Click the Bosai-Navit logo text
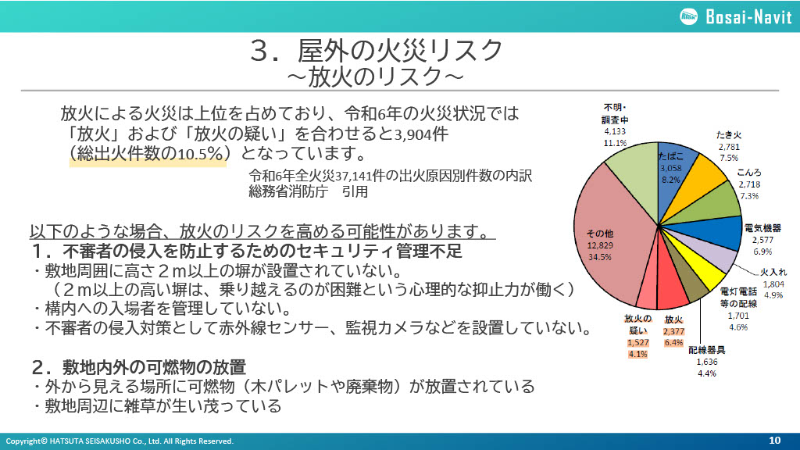pyautogui.click(x=748, y=17)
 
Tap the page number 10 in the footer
pyautogui.click(x=774, y=441)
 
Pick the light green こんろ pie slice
pyautogui.click(x=714, y=203)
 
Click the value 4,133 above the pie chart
pyautogui.click(x=615, y=131)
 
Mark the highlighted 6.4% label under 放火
pyautogui.click(x=673, y=343)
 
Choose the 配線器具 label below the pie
pyautogui.click(x=706, y=350)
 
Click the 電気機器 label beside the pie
pyautogui.click(x=762, y=228)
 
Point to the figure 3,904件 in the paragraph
pyautogui.click(x=421, y=134)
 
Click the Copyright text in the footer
pyautogui.click(x=120, y=441)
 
